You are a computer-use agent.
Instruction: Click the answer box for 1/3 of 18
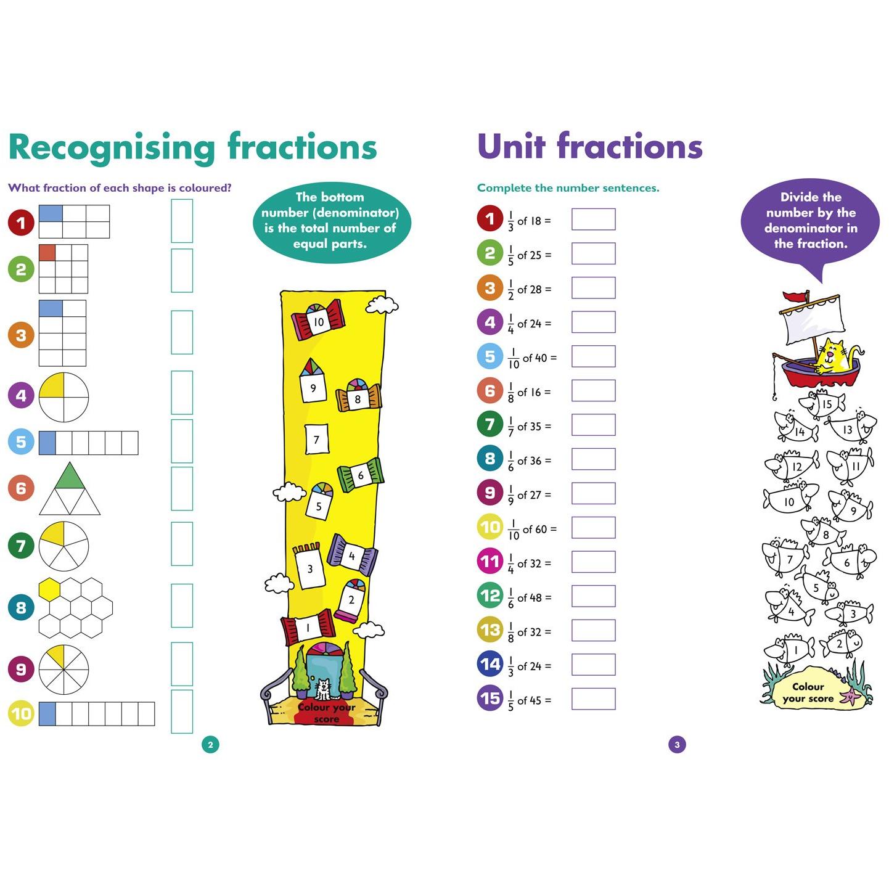[593, 219]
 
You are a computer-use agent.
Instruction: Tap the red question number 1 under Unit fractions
[490, 218]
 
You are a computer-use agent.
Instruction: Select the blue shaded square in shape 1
[51, 213]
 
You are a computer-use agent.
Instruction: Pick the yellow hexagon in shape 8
[50, 589]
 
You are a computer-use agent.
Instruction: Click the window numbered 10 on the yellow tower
[318, 320]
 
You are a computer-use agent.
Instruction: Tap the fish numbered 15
[822, 404]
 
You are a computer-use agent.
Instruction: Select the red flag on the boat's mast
[795, 297]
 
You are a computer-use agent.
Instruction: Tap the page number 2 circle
[210, 744]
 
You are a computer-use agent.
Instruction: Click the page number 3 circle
[677, 744]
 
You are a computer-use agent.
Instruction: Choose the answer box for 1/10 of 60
[593, 527]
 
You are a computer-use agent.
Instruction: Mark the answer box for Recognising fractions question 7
[182, 544]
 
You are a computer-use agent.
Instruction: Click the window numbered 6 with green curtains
[361, 475]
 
